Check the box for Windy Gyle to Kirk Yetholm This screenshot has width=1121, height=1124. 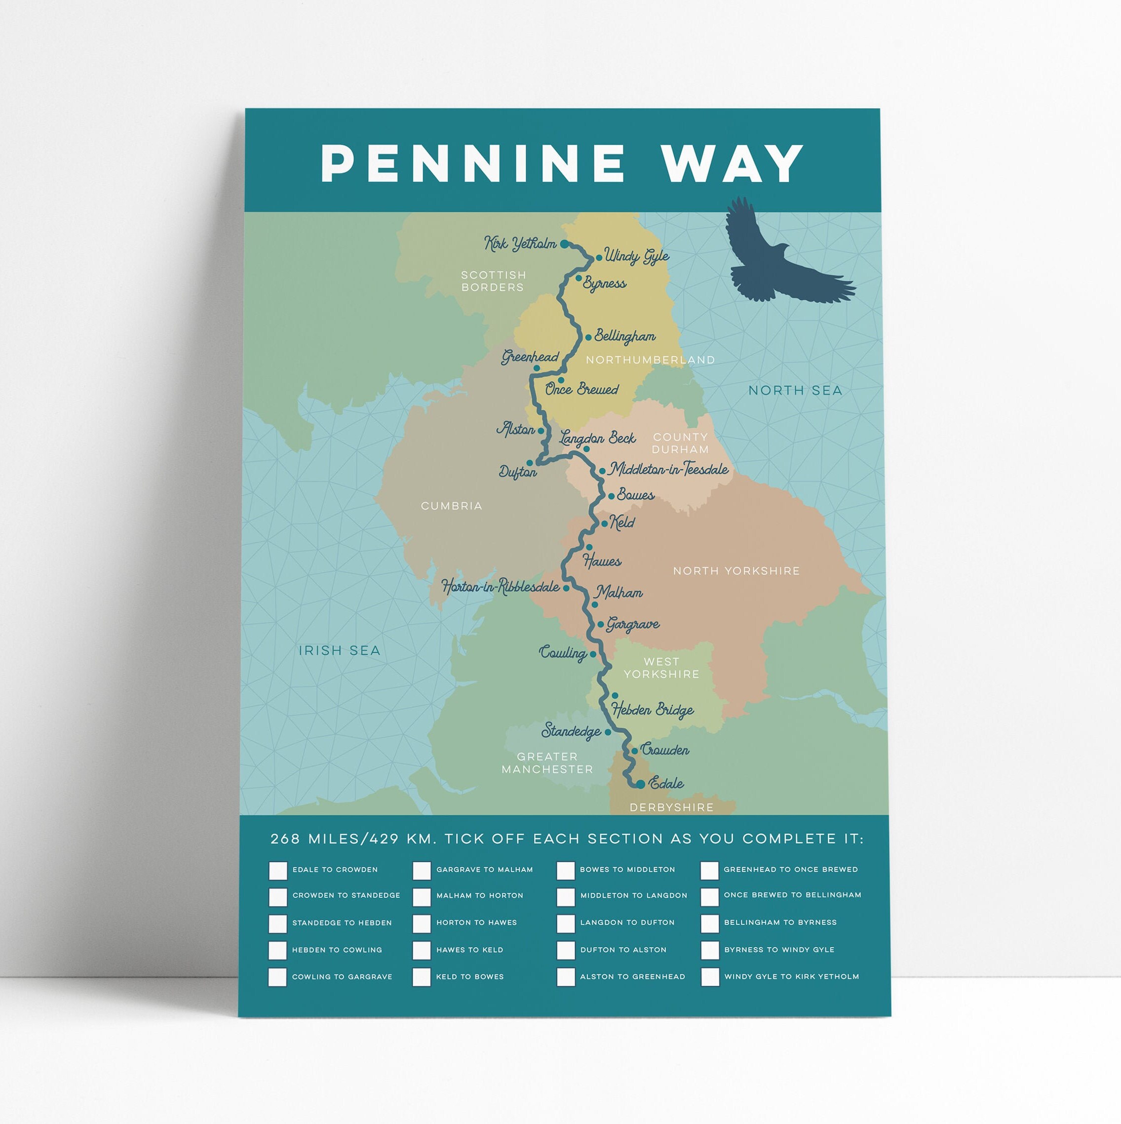pyautogui.click(x=710, y=977)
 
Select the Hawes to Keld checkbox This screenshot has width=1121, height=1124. pyautogui.click(x=422, y=951)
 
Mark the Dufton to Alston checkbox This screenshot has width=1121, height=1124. pyautogui.click(x=565, y=951)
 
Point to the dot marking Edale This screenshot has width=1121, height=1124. pyautogui.click(x=640, y=785)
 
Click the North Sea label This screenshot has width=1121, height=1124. pyautogui.click(x=795, y=390)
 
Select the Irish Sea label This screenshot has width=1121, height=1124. pyautogui.click(x=340, y=650)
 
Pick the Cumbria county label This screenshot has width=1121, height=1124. pyautogui.click(x=451, y=506)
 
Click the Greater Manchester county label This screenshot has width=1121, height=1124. pyautogui.click(x=547, y=763)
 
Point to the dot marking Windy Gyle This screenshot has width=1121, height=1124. pyautogui.click(x=599, y=258)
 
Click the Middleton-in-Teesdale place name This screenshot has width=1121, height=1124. pyautogui.click(x=669, y=469)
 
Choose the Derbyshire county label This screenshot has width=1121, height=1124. pyautogui.click(x=671, y=807)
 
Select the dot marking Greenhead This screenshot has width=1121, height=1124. pyautogui.click(x=537, y=368)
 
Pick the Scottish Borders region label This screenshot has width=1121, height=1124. pyautogui.click(x=493, y=281)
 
